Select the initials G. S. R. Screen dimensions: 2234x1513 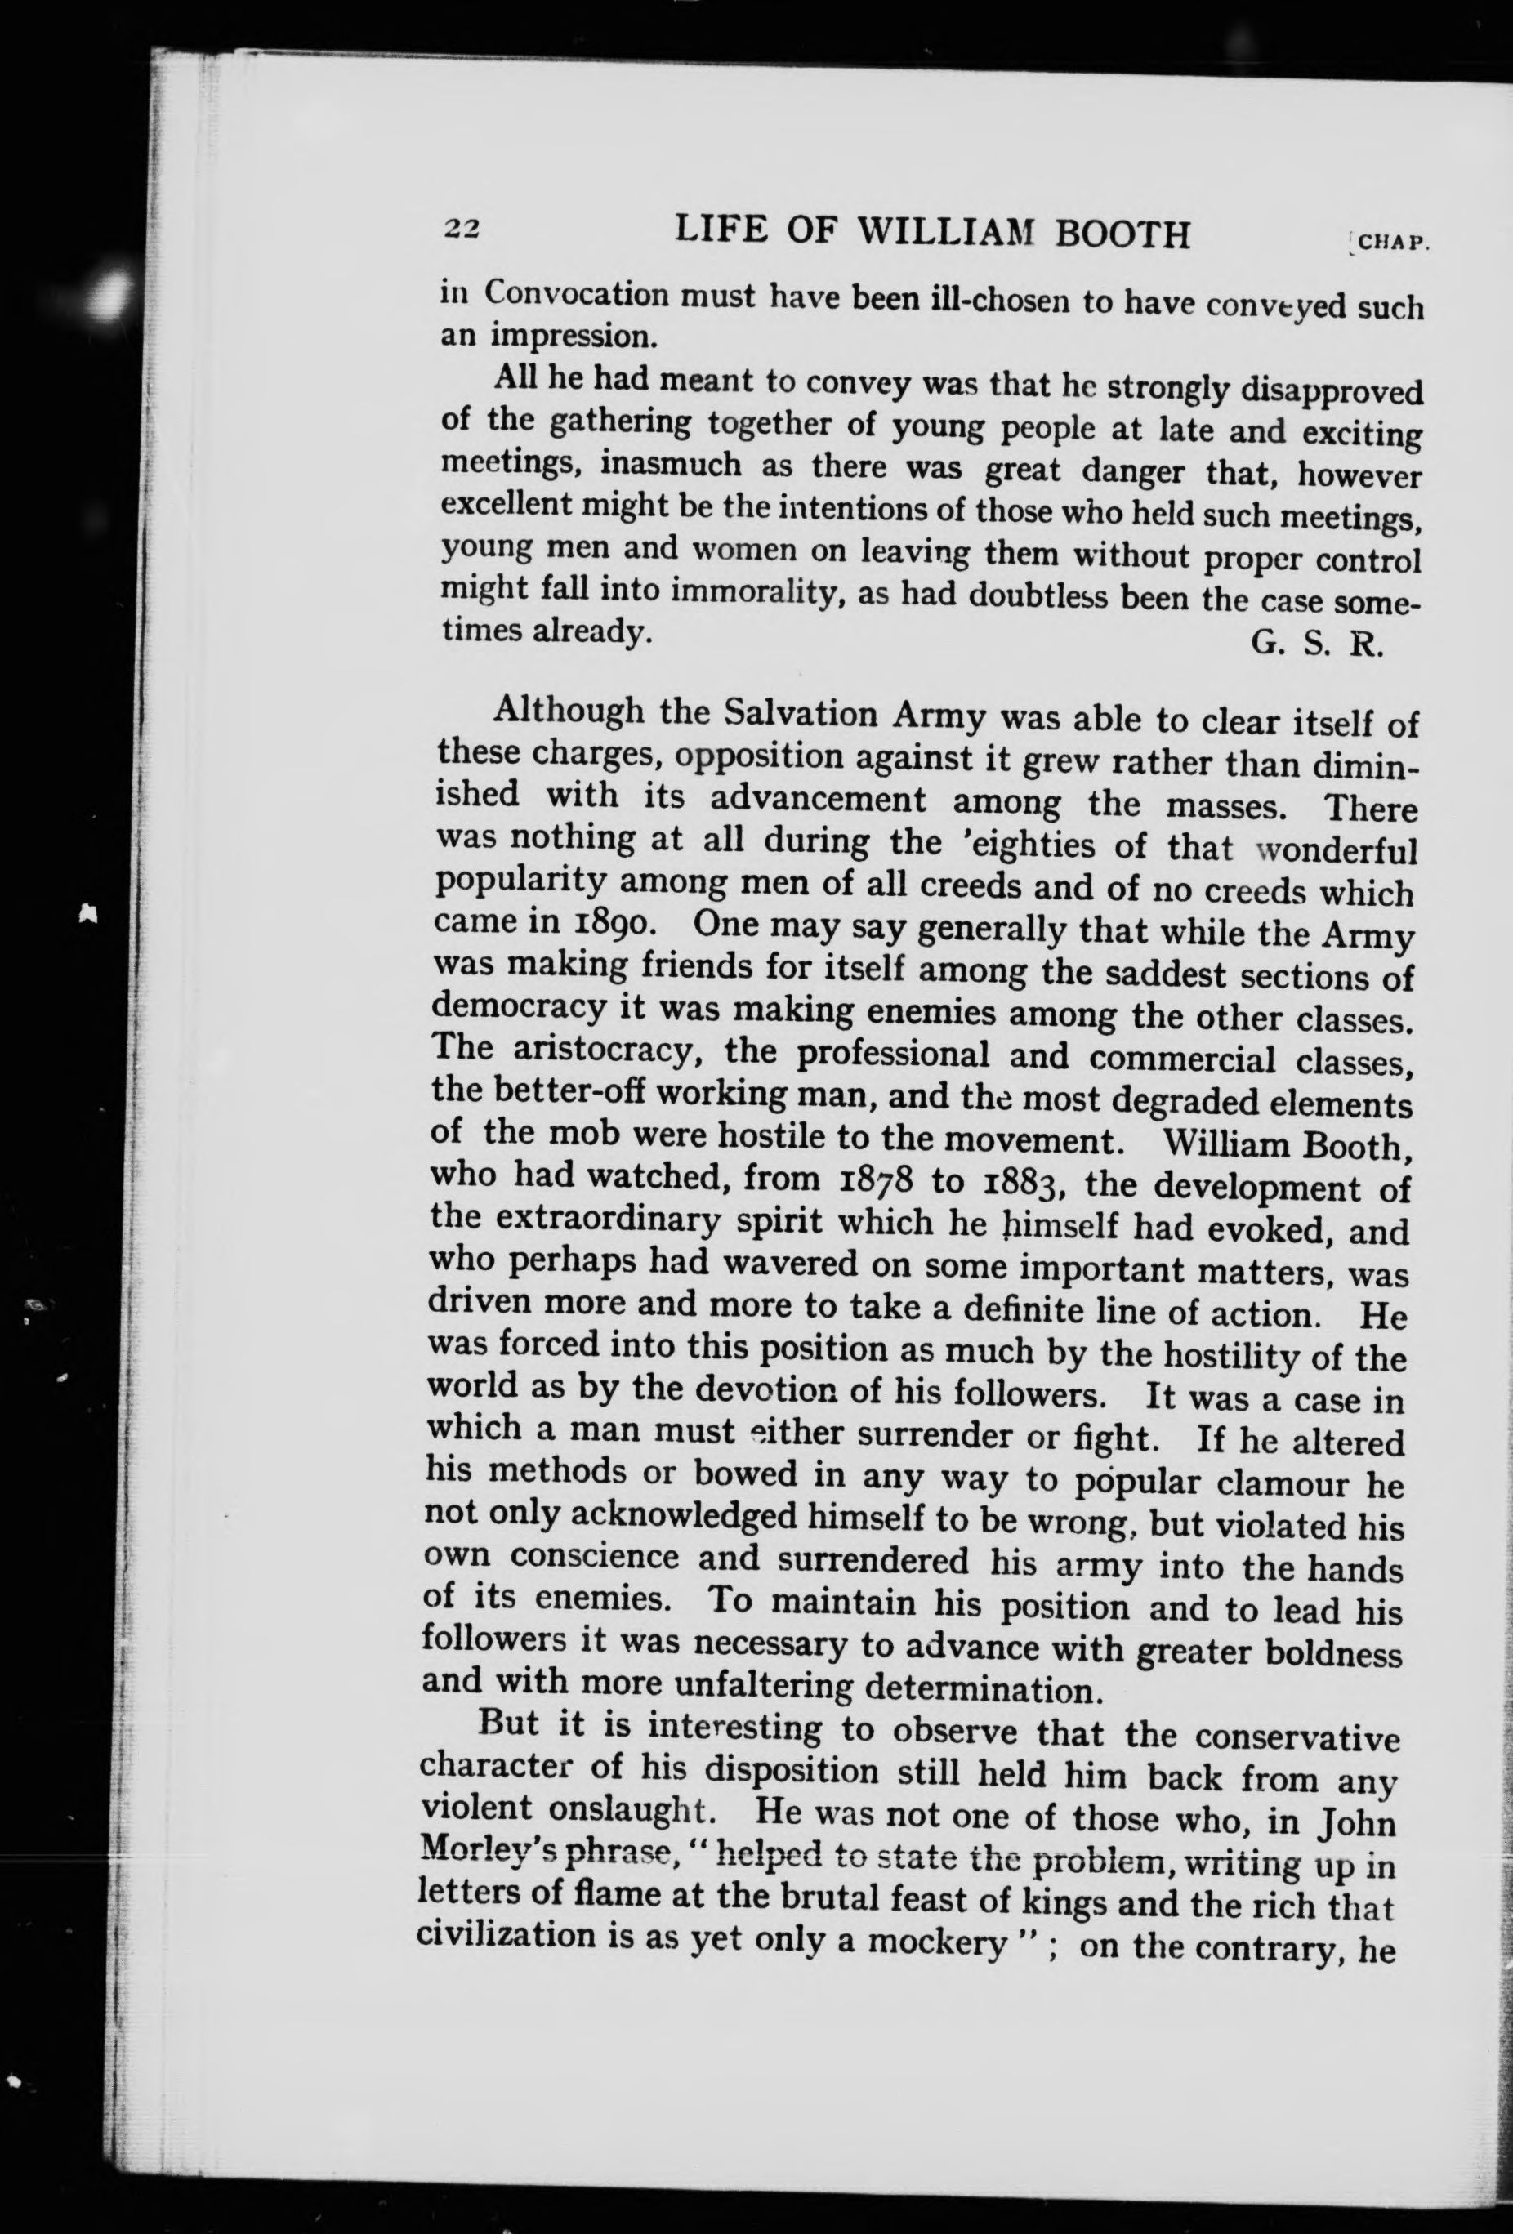point(1316,643)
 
